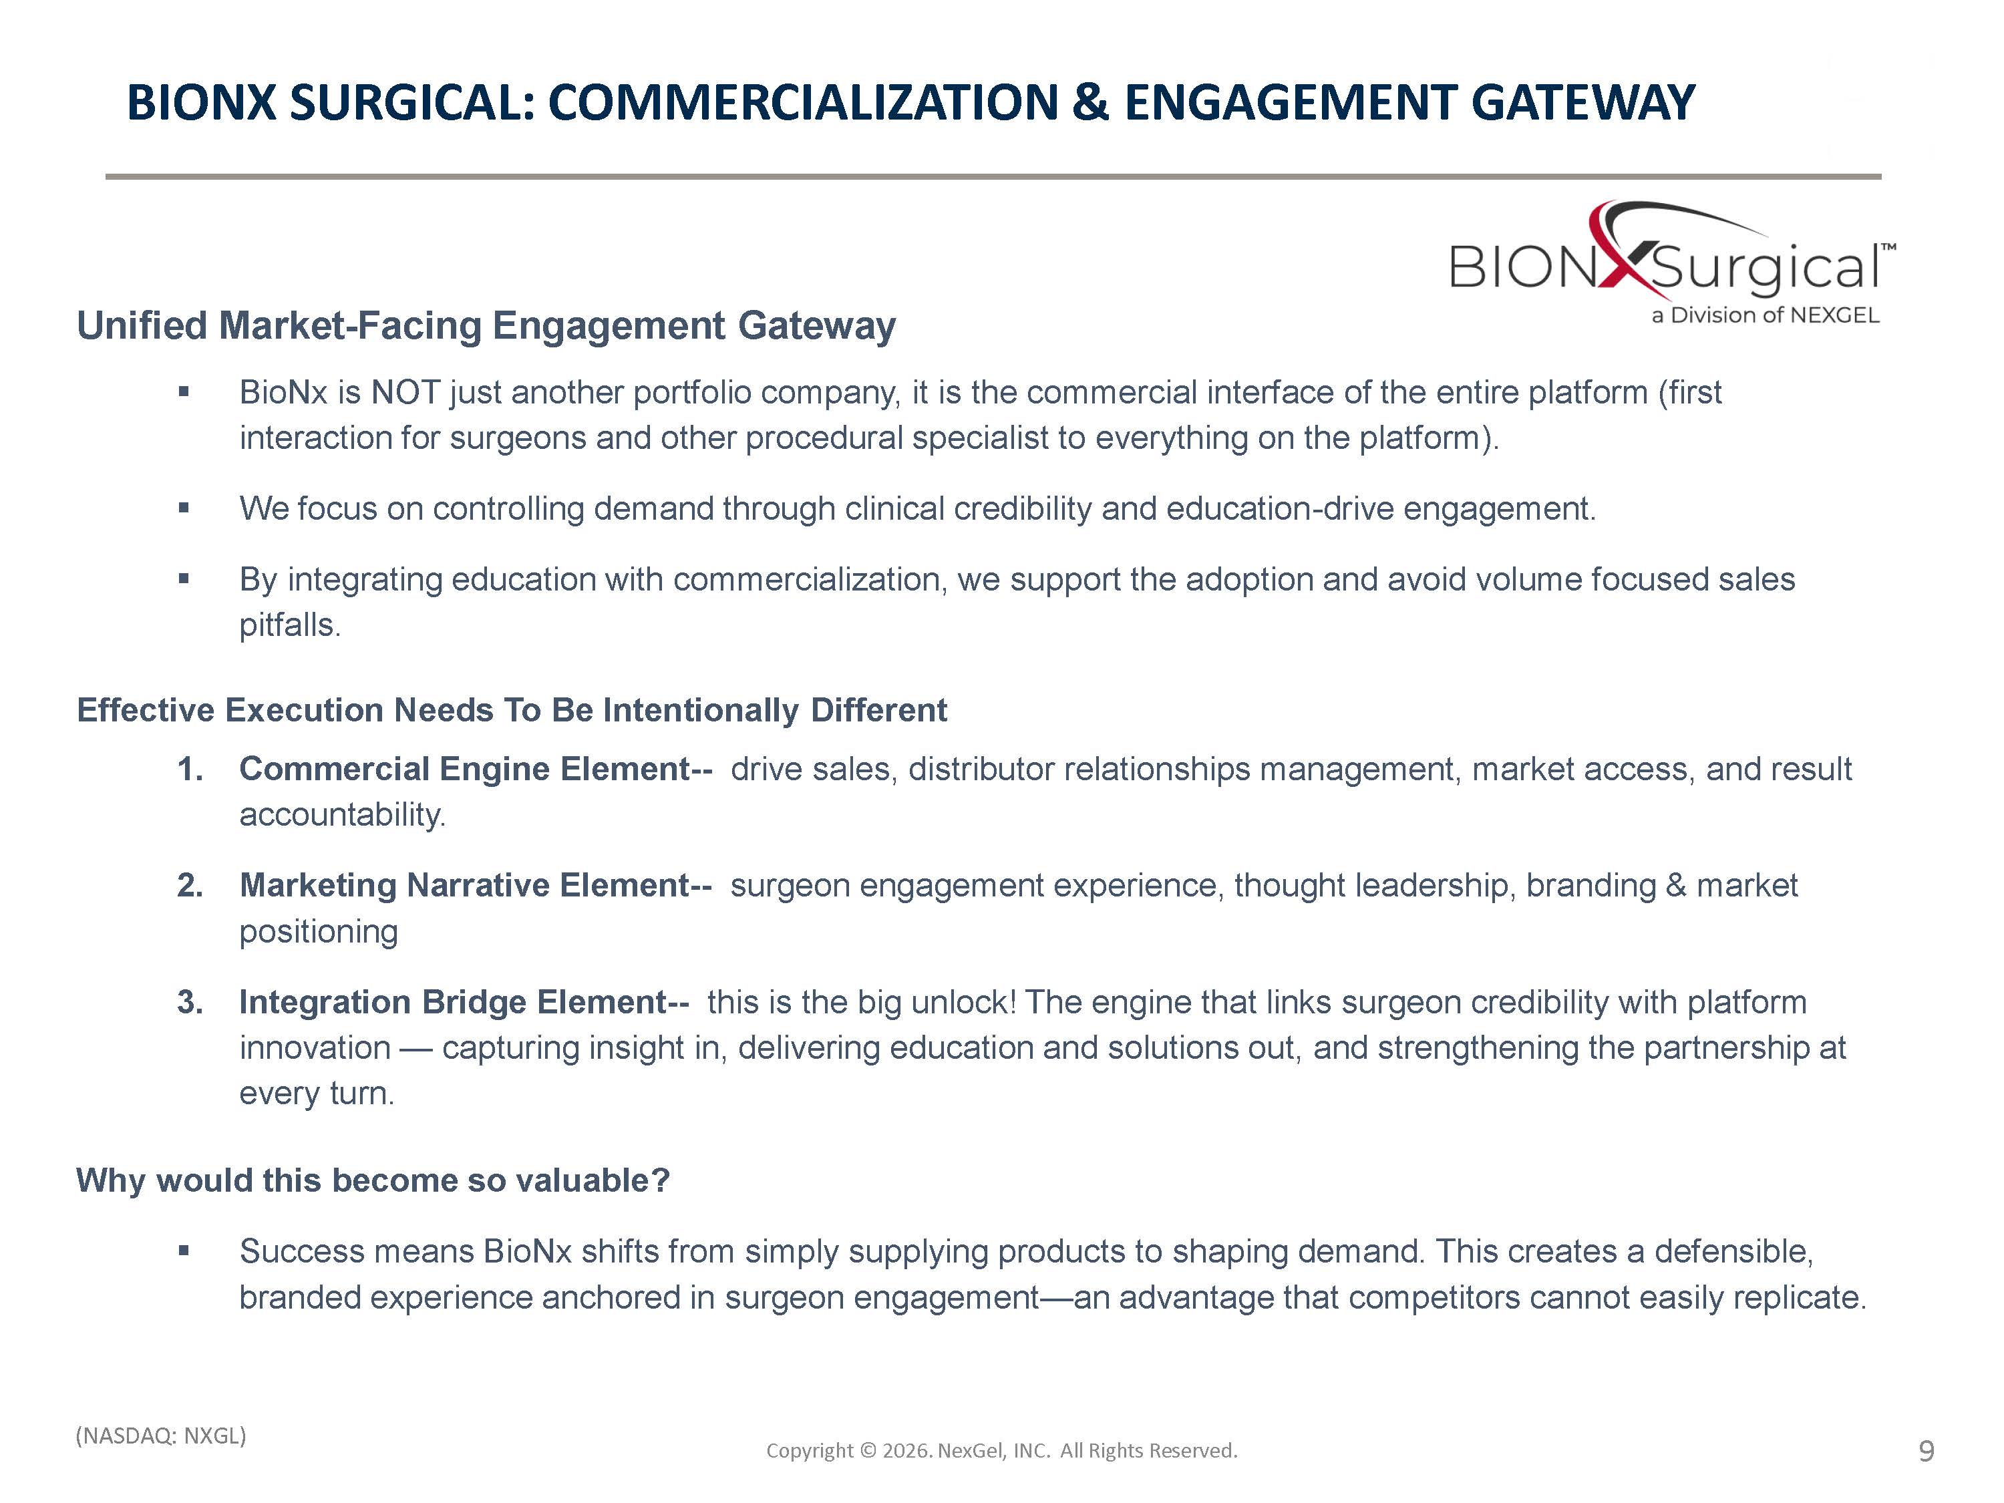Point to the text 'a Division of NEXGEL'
click(1765, 315)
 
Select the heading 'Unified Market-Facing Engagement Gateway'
click(486, 325)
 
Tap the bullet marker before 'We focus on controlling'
click(184, 508)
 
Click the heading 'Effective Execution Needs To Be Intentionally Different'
click(512, 710)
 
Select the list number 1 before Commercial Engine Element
click(189, 769)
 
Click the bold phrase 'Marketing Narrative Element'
click(465, 885)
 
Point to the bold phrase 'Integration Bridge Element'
click(453, 1002)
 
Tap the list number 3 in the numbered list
click(189, 1002)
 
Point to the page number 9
click(1927, 1452)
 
